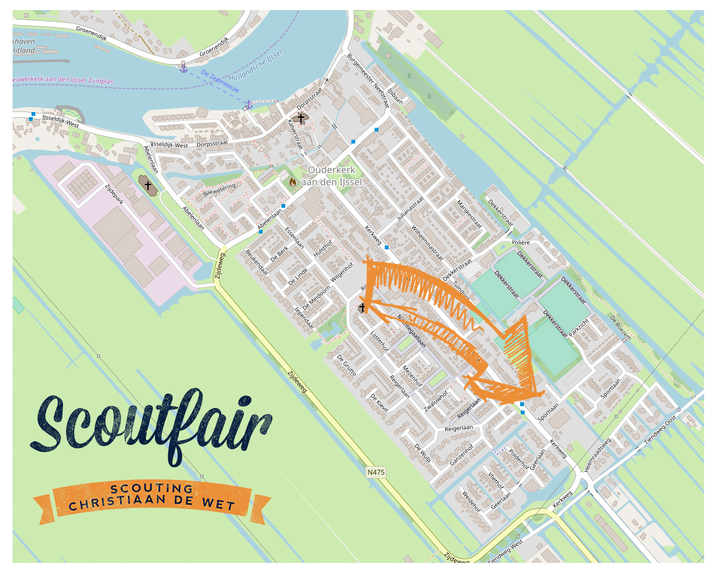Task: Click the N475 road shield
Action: pos(376,472)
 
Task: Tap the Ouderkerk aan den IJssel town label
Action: pos(331,176)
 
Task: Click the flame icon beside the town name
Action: pos(293,181)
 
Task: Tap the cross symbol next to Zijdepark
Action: pos(148,185)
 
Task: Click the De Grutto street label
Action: pos(347,365)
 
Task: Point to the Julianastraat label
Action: pos(411,212)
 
